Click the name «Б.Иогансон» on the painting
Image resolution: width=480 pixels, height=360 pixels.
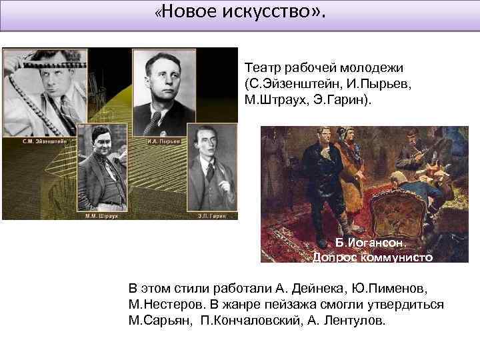pyautogui.click(x=371, y=243)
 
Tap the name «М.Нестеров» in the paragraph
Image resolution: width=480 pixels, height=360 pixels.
pyautogui.click(x=166, y=305)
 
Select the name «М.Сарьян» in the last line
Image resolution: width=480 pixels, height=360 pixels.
pyautogui.click(x=158, y=321)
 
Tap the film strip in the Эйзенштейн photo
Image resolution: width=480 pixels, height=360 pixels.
pyautogui.click(x=27, y=73)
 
